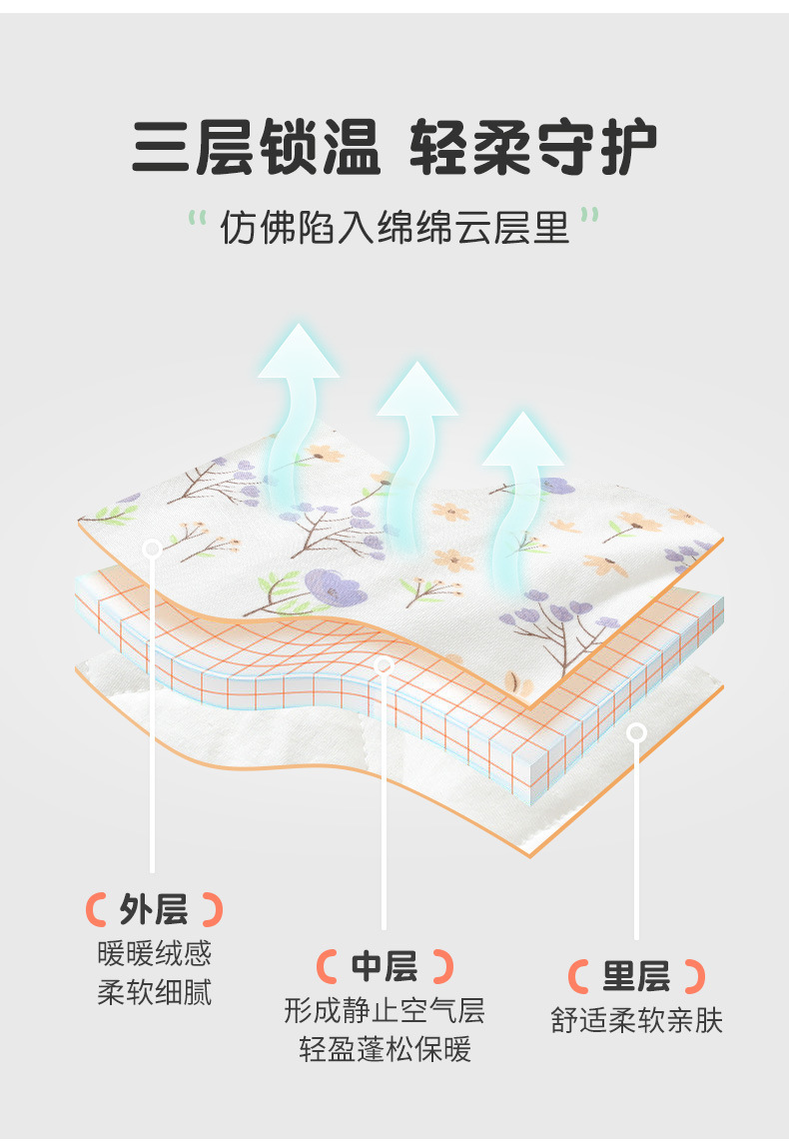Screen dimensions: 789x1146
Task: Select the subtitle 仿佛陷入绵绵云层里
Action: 394,228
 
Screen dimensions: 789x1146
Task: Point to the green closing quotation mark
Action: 590,216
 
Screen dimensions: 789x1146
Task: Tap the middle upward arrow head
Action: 417,390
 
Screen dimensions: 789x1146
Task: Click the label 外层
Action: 154,909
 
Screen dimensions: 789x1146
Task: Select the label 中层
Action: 385,966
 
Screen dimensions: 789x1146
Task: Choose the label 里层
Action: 636,975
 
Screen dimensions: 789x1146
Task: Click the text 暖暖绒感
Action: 155,953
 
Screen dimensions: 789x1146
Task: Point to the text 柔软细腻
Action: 155,993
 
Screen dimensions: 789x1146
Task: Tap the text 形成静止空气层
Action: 385,1010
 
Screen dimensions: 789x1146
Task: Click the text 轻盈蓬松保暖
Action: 385,1050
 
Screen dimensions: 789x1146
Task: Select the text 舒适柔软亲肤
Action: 636,1020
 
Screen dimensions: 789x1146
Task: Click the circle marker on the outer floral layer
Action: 152,548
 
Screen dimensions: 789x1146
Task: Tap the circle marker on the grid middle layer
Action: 384,665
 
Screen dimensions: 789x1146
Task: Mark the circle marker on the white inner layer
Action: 636,733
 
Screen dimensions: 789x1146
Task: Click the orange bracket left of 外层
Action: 96,909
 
